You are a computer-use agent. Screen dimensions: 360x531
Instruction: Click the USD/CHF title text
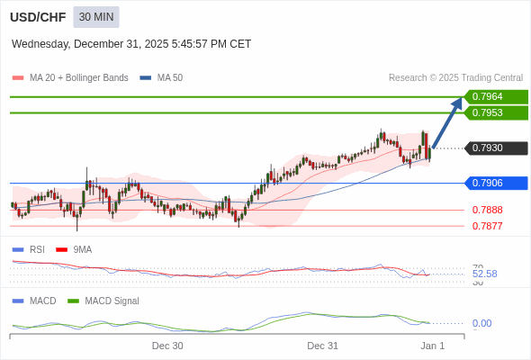[x=38, y=17]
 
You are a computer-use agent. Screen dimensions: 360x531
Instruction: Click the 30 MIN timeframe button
[x=96, y=17]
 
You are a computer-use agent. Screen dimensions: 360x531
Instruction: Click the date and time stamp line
[x=131, y=44]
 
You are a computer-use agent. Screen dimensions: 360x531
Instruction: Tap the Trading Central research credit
[x=455, y=78]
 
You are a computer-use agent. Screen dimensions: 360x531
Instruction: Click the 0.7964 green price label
[x=494, y=96]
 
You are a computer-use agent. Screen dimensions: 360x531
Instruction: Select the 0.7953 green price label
[x=494, y=112]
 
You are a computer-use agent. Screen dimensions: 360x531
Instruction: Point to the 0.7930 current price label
[x=494, y=148]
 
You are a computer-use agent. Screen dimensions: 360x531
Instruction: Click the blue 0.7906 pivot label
[x=494, y=183]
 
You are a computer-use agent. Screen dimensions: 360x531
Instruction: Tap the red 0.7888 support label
[x=487, y=210]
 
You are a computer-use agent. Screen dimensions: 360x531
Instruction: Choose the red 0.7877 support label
[x=487, y=226]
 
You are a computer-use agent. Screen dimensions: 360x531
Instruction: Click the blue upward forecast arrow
[x=448, y=122]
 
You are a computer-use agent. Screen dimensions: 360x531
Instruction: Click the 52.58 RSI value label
[x=484, y=274]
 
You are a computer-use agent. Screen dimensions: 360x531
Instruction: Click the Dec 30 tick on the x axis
[x=167, y=346]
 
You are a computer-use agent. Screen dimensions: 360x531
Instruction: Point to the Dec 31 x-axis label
[x=322, y=346]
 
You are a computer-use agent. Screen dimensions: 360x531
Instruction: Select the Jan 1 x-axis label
[x=433, y=346]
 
